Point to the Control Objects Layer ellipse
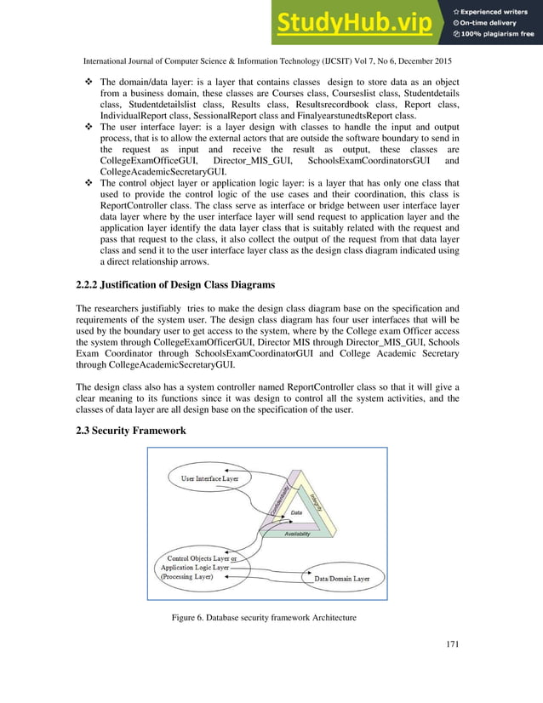point(197,566)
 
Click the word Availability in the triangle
point(296,534)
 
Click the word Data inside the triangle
point(296,513)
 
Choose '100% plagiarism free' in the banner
point(497,34)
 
